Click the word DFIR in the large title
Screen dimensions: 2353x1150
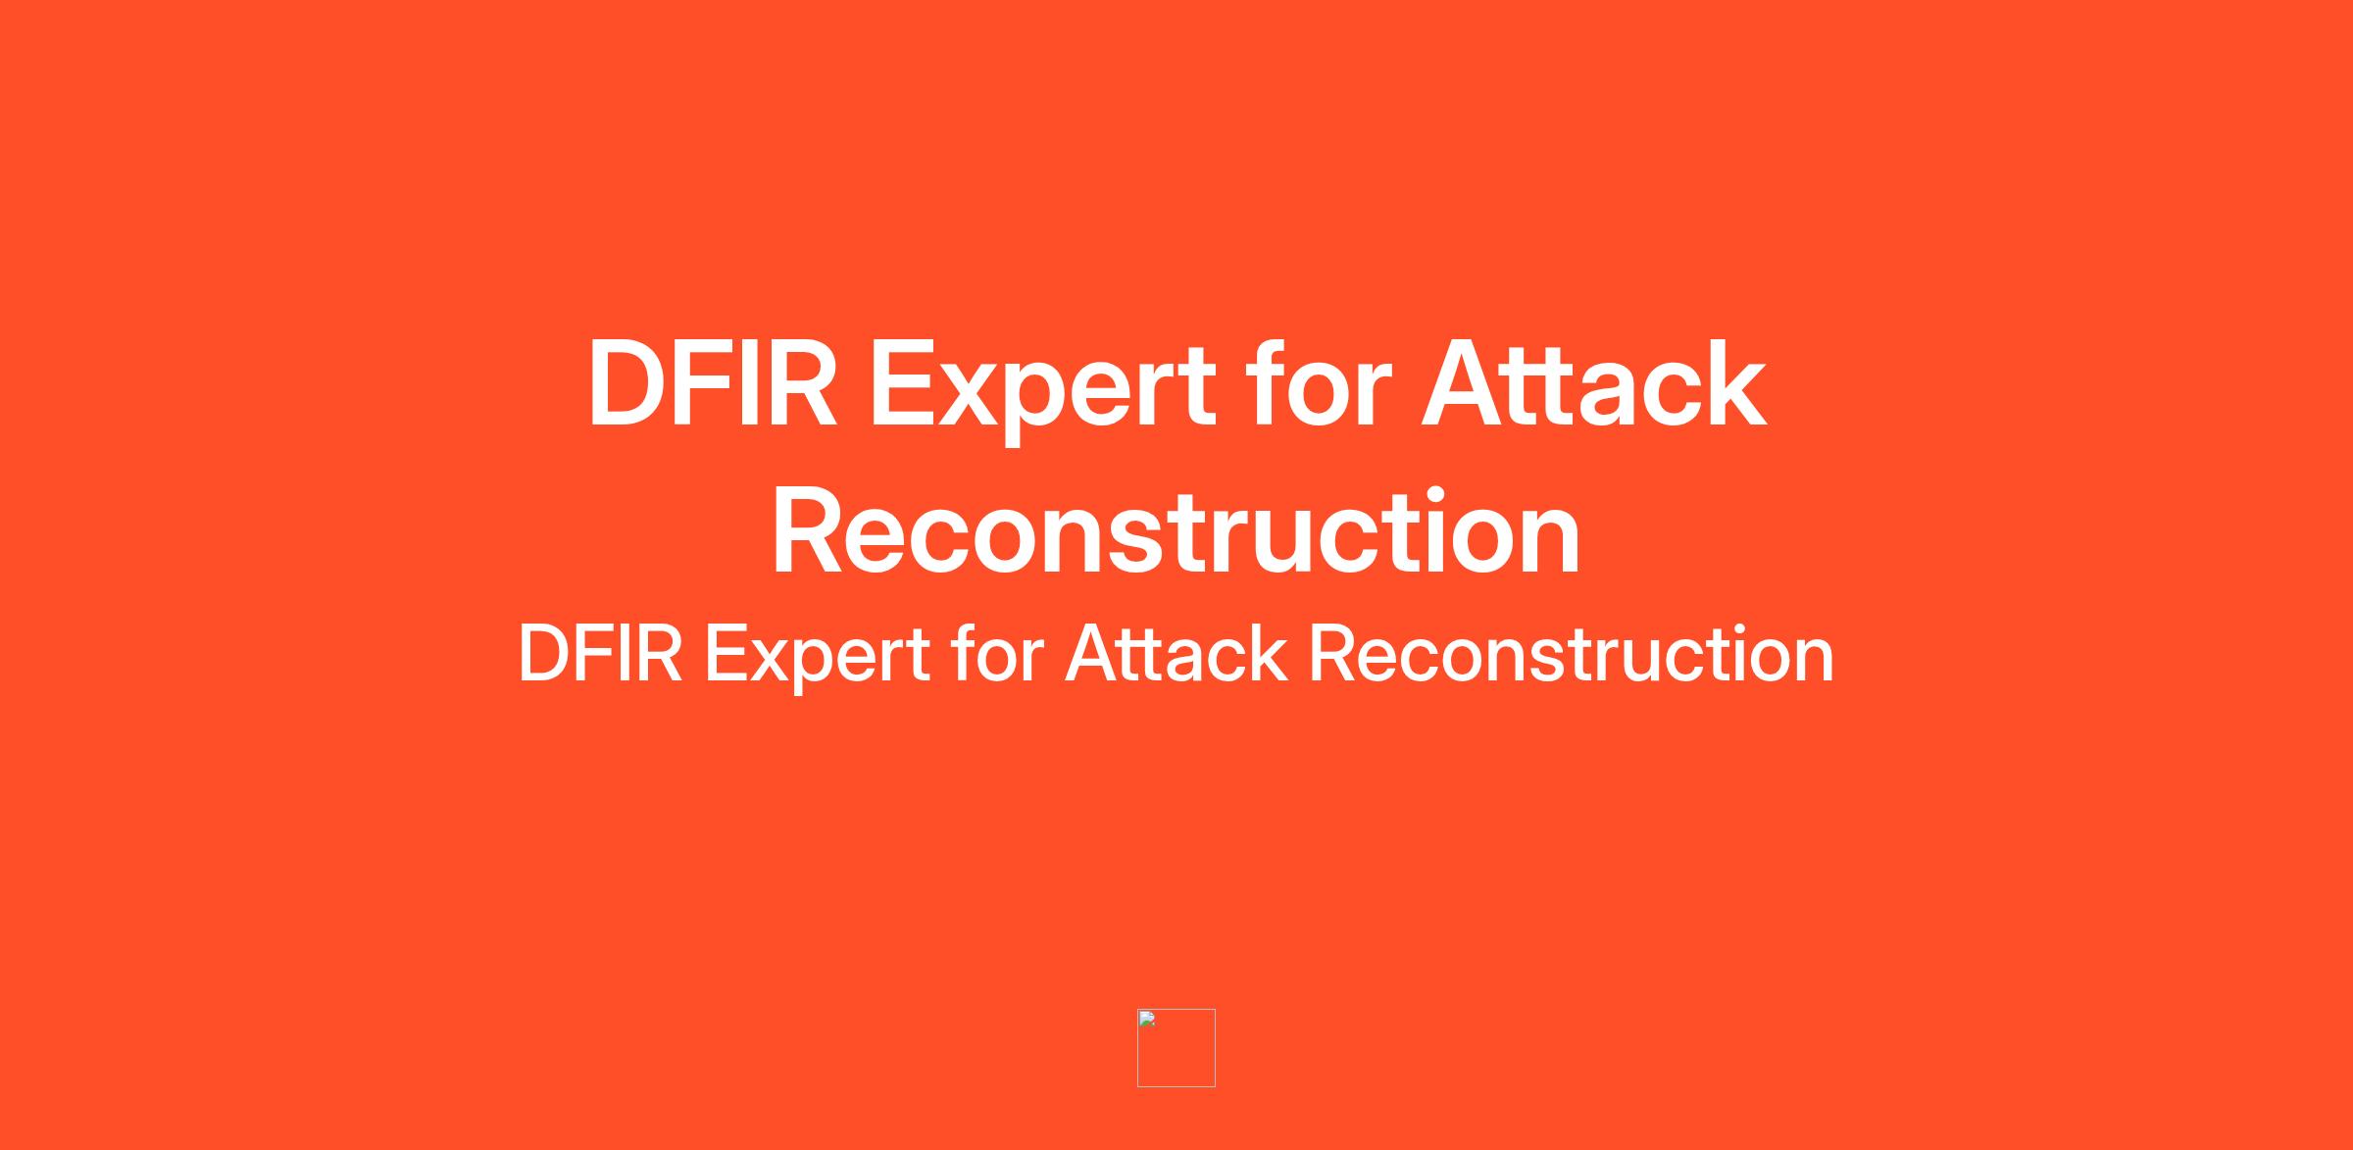coord(713,383)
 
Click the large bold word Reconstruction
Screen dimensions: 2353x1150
coord(1176,532)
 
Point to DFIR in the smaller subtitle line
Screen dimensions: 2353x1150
coord(600,654)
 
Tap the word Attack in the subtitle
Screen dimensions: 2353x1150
coord(1176,653)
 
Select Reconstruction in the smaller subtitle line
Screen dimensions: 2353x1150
coord(1572,654)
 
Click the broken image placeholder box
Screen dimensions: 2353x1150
coord(1176,1048)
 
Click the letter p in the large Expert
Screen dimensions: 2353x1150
coord(1061,403)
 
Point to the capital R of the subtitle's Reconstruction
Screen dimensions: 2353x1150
coord(1334,654)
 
